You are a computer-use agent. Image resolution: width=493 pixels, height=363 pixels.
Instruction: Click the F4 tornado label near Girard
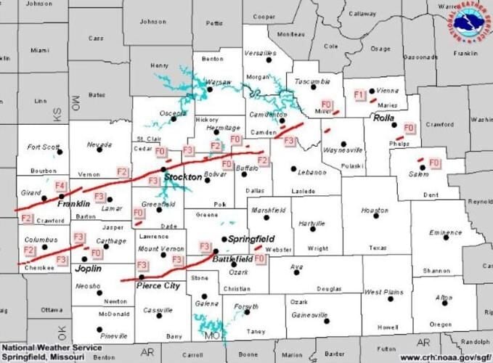(60, 187)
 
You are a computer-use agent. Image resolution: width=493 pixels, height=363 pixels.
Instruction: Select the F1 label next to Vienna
(358, 95)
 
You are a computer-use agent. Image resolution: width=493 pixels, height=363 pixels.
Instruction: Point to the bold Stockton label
(183, 177)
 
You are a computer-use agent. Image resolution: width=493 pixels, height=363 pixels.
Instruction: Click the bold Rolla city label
(383, 118)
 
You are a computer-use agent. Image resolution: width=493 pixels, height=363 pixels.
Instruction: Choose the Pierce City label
(158, 286)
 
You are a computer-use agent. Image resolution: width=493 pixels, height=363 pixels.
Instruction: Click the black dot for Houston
(375, 215)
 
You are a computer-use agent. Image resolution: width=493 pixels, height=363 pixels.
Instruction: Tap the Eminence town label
(445, 232)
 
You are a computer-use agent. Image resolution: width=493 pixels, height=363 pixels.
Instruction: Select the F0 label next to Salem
(434, 163)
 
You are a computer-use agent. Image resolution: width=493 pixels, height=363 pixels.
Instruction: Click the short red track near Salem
(420, 160)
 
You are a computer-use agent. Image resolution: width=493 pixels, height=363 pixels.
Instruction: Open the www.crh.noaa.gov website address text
(444, 356)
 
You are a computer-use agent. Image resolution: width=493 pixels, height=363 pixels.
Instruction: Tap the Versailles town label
(260, 53)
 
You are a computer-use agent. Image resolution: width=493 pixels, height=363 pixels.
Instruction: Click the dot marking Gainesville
(327, 320)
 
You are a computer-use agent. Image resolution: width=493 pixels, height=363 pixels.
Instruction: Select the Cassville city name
(158, 310)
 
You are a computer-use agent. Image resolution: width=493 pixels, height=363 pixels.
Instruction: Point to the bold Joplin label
(89, 268)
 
